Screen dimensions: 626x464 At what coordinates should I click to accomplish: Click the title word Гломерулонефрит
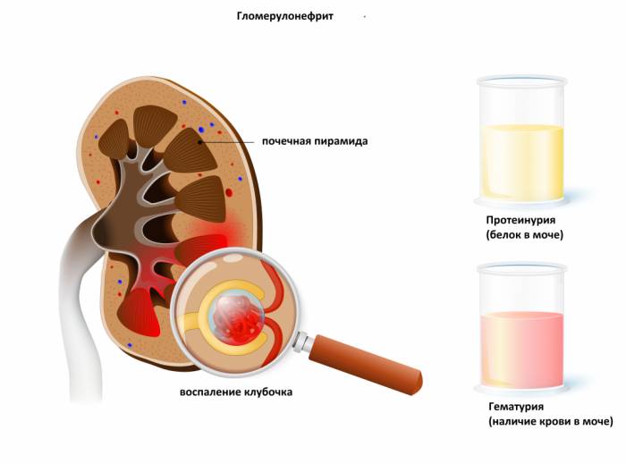[x=284, y=16]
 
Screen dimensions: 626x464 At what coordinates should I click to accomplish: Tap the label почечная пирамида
[x=315, y=141]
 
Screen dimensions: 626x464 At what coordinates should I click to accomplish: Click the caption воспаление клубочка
[x=236, y=392]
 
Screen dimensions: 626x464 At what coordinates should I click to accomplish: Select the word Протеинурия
[x=520, y=220]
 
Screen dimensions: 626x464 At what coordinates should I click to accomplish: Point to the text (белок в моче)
[x=525, y=234]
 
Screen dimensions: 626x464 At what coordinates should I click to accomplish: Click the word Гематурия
[x=516, y=407]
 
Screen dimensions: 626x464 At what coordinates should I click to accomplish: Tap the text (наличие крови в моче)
[x=551, y=421]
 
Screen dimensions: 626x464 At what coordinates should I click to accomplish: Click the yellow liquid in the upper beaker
[x=522, y=163]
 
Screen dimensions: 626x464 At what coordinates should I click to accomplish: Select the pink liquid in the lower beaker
[x=522, y=350]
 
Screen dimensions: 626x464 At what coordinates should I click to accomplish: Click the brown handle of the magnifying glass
[x=365, y=364]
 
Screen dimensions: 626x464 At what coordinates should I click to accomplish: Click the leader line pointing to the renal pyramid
[x=226, y=141]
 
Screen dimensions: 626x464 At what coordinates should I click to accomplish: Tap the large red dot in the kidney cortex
[x=229, y=193]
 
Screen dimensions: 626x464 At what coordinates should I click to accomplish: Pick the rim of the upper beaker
[x=522, y=81]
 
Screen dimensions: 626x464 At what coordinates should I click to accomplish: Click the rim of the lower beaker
[x=522, y=268]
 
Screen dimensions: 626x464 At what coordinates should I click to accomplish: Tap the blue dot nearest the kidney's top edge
[x=184, y=103]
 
